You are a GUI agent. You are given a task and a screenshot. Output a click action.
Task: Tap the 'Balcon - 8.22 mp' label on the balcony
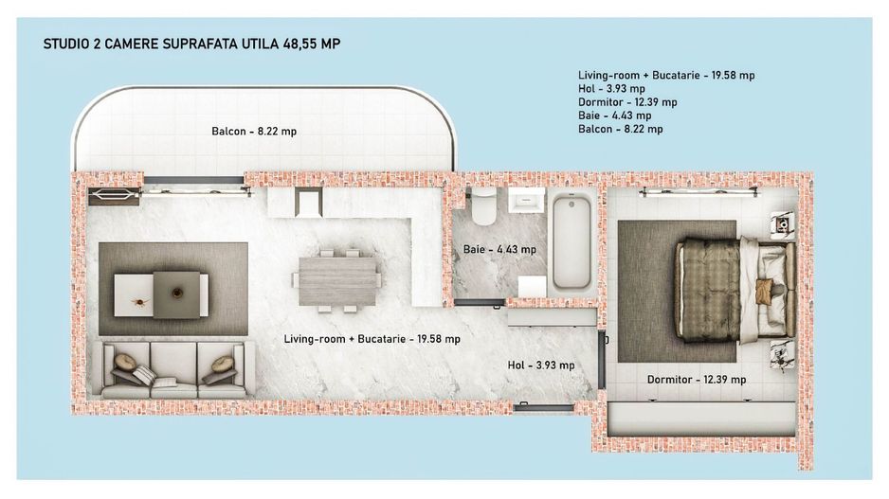[253, 132]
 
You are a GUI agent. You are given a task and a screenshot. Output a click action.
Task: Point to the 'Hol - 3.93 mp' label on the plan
[540, 365]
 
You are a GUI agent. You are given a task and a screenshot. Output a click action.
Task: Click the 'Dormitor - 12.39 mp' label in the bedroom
[696, 380]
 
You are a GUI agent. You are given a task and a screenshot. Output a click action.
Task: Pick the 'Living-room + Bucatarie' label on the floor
[372, 338]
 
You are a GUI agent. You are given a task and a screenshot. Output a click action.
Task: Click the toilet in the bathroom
[483, 205]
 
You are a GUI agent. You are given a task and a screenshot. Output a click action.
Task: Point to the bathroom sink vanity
[525, 201]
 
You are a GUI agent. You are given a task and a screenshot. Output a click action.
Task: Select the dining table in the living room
[336, 280]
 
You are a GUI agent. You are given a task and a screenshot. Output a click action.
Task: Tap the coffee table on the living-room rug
[161, 294]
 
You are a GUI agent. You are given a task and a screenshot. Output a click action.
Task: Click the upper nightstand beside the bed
[783, 223]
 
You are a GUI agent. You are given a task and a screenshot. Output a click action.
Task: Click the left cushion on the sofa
[125, 363]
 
